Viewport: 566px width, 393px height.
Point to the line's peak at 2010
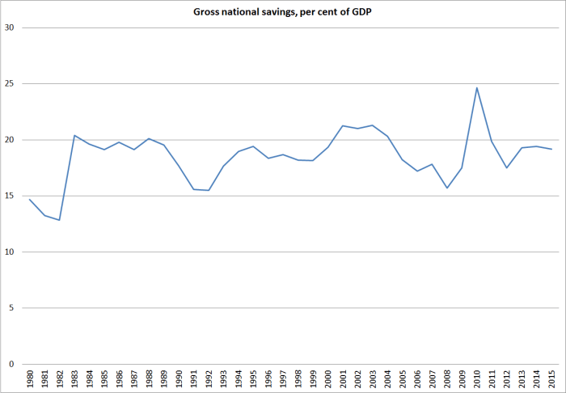click(477, 87)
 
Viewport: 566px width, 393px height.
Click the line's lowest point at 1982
click(59, 220)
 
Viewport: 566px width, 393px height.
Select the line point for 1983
click(74, 135)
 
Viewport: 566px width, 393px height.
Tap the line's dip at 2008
click(447, 188)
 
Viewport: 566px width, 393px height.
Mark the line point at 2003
click(373, 125)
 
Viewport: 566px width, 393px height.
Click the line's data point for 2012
click(507, 167)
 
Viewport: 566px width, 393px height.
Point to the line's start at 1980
click(29, 199)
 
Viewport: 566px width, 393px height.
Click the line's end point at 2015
click(552, 149)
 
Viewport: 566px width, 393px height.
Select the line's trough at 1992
click(209, 190)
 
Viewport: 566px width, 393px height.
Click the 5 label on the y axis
click(12, 308)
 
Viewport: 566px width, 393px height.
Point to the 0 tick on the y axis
click(12, 365)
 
